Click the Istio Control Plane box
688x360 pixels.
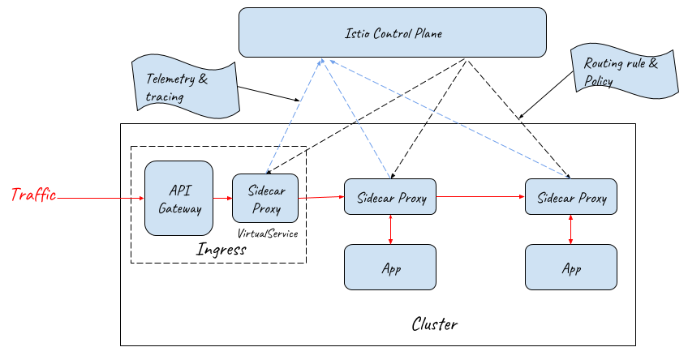point(392,33)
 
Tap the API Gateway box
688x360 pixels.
point(178,198)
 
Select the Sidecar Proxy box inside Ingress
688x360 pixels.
point(265,198)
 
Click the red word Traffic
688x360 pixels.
point(33,195)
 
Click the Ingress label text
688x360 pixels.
point(221,249)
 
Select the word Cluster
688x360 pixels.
point(435,324)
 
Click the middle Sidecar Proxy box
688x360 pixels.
point(391,197)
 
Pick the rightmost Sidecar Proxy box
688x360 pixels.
point(571,197)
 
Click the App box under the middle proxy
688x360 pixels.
point(391,267)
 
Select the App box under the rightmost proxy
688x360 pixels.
point(571,267)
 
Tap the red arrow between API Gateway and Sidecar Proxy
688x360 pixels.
point(222,197)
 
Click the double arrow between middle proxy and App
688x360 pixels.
point(391,229)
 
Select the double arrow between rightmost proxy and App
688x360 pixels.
point(572,229)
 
